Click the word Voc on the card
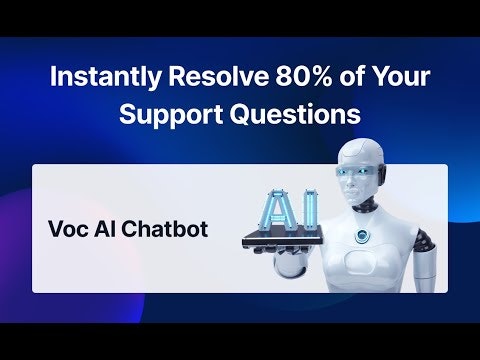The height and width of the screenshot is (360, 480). [66, 229]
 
